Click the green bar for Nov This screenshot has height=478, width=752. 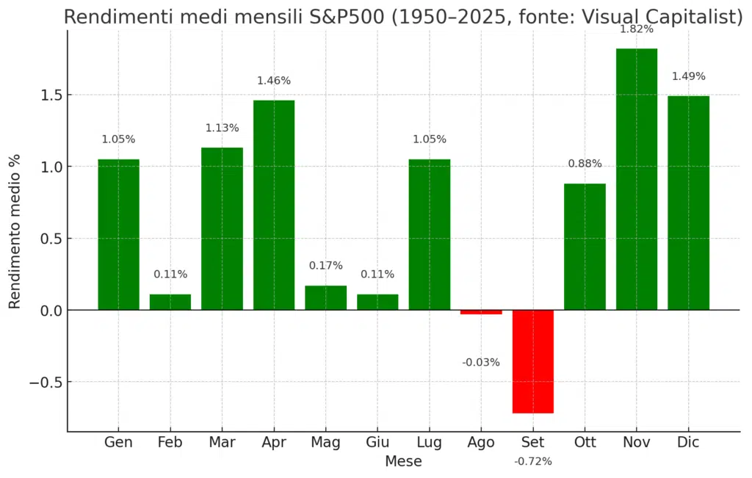636,179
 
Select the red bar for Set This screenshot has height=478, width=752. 533,361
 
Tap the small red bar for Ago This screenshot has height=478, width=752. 481,312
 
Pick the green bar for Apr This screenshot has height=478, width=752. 274,205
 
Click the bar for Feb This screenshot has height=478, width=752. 170,302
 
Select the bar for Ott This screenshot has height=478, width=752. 585,247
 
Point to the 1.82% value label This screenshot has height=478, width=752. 636,29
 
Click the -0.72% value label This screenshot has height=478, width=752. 533,461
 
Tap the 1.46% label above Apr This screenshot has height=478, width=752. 274,81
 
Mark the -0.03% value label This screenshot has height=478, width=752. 481,362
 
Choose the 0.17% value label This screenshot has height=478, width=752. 325,266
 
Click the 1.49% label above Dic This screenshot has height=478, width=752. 688,76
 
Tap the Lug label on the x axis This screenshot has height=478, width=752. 429,442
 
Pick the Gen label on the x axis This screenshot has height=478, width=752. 118,442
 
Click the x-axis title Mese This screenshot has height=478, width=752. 403,462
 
